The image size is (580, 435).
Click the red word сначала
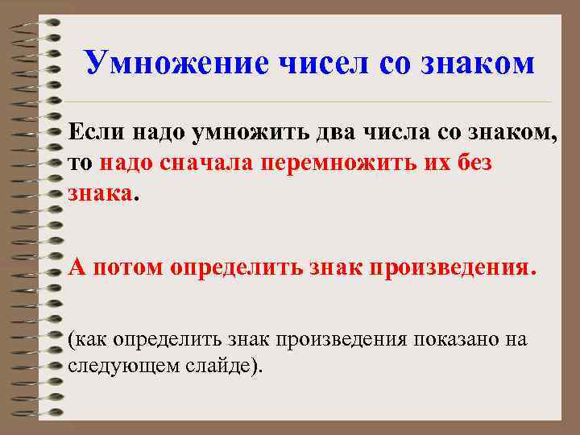click(203, 163)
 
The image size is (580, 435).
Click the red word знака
click(101, 194)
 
